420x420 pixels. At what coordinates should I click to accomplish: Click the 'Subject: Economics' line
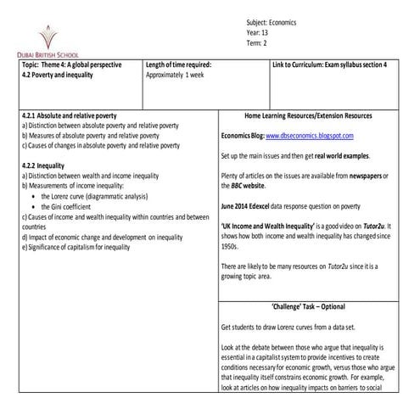coord(271,22)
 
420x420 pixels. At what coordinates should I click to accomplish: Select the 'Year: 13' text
coord(257,32)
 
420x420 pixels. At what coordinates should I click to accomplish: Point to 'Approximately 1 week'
coord(180,74)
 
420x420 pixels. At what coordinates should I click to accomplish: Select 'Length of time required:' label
coord(178,64)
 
